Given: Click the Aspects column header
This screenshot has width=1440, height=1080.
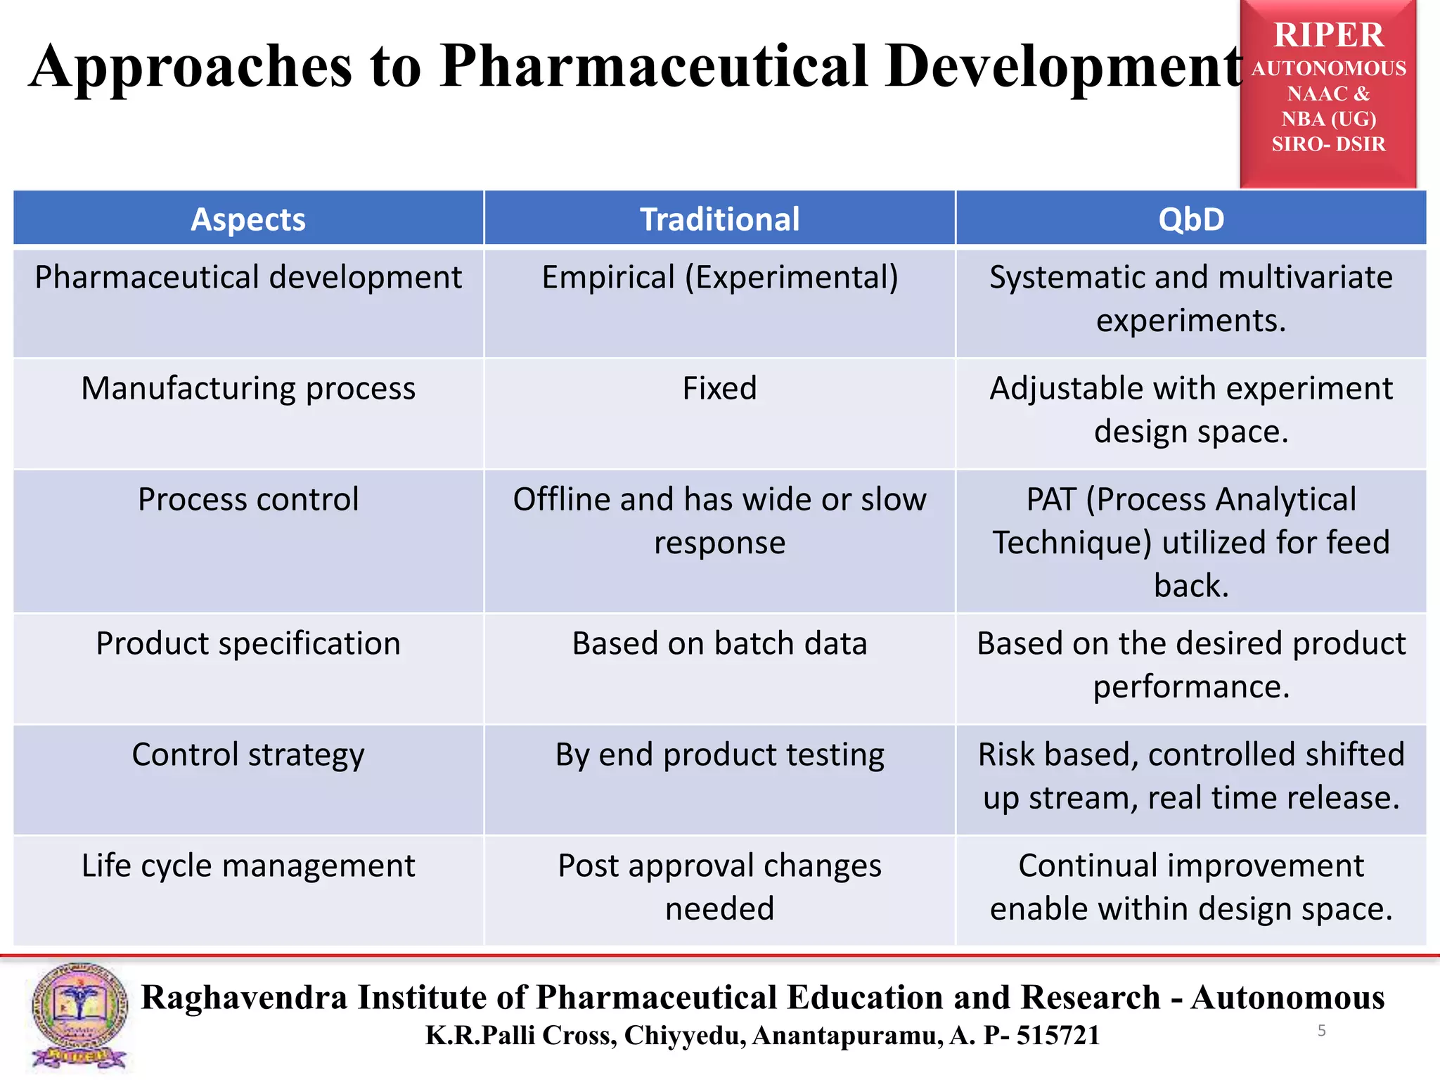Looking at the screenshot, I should (x=248, y=219).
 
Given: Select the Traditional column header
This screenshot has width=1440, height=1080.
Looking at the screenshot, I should (x=719, y=219).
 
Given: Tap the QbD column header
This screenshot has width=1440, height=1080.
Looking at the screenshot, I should (x=1191, y=219).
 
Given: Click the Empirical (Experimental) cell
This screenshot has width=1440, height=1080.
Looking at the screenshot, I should (x=719, y=277).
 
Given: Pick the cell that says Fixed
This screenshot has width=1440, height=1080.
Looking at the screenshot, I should (x=719, y=388).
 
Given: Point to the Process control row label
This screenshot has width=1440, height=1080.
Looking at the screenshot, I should (x=248, y=499).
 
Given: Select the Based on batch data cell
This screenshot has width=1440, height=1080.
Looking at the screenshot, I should (x=719, y=643).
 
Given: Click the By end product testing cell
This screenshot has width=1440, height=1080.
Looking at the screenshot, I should (x=719, y=754).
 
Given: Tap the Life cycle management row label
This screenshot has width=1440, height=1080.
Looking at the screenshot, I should (x=248, y=866).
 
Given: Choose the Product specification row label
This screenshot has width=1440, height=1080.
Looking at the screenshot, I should (x=248, y=643).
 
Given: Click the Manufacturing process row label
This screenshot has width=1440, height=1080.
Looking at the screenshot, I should (x=248, y=388).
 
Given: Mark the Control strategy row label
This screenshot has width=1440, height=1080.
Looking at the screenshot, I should (x=248, y=754).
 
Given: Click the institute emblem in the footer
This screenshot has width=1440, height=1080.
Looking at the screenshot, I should (x=79, y=1016).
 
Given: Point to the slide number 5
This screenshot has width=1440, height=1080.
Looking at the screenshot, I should (x=1322, y=1031).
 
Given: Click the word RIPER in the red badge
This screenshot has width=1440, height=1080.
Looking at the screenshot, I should (x=1328, y=35).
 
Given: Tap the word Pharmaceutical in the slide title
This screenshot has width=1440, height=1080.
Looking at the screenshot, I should (x=654, y=66).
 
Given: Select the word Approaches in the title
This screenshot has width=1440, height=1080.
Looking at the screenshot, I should (x=191, y=66).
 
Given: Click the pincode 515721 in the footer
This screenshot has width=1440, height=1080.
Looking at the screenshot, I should (x=1058, y=1035).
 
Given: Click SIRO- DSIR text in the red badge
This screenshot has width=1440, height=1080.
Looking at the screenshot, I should (x=1328, y=144).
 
